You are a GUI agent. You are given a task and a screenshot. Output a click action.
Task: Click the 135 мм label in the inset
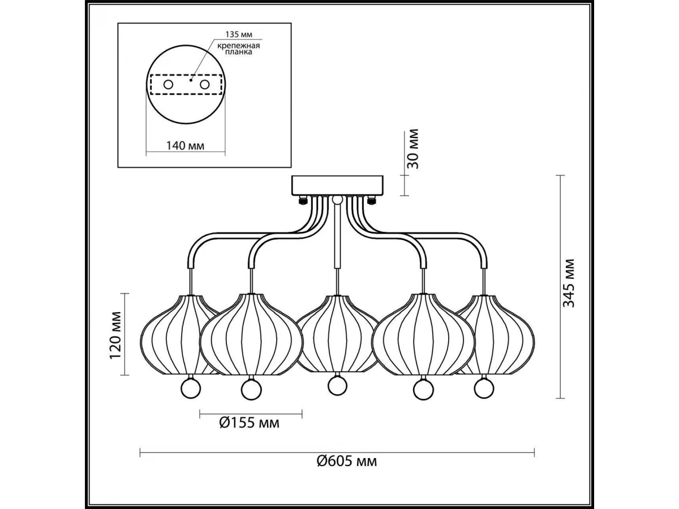(239, 34)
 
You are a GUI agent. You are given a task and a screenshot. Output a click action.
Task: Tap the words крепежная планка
(238, 49)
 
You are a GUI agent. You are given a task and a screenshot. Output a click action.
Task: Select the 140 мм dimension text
(185, 145)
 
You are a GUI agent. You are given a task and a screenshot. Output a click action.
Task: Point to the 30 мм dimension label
(412, 149)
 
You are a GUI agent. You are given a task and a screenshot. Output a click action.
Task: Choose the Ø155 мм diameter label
(250, 423)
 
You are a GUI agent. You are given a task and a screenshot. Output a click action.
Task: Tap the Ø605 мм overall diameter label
(347, 470)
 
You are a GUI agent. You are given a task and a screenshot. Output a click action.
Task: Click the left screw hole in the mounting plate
(168, 84)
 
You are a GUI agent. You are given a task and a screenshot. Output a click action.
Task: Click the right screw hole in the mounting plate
(204, 84)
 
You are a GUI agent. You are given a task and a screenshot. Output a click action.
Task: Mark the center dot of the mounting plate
(191, 80)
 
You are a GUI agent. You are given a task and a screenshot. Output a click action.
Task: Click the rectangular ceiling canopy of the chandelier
(337, 186)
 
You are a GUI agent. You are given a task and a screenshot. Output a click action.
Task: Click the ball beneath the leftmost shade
(190, 389)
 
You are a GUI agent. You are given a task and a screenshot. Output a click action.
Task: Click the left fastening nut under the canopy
(302, 200)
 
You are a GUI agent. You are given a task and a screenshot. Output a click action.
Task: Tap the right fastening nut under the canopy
(371, 200)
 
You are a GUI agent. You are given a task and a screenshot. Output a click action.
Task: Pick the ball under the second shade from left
(251, 390)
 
